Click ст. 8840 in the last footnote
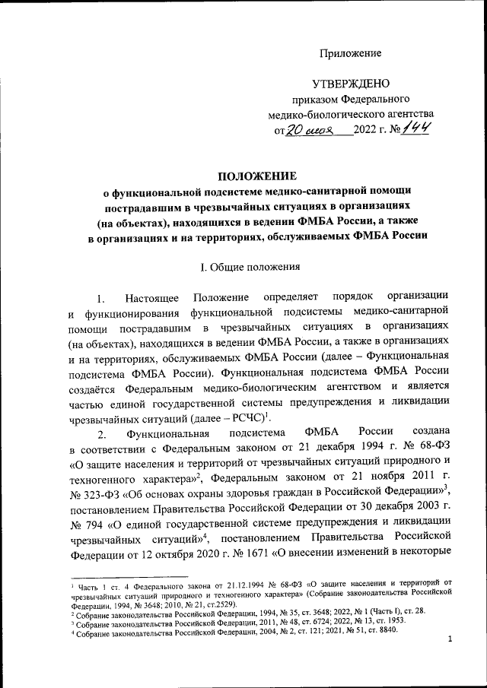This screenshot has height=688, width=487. tap(380, 629)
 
